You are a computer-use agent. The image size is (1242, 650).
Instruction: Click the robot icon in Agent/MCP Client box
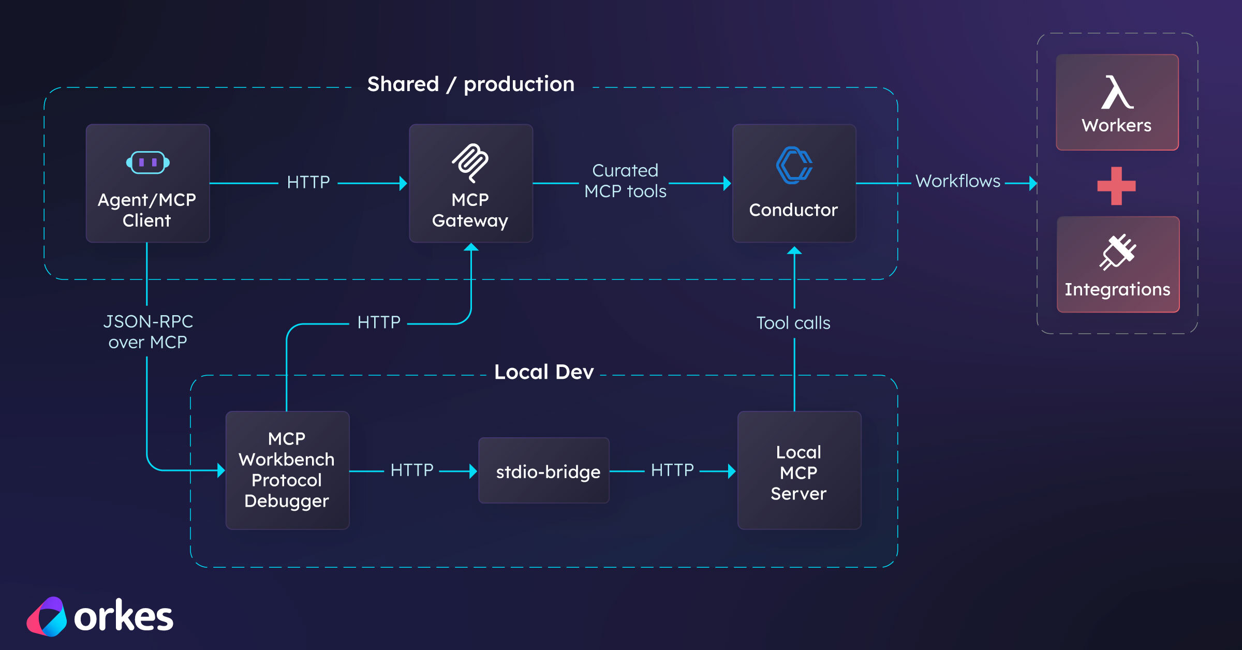147,163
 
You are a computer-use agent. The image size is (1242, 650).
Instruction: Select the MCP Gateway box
470,183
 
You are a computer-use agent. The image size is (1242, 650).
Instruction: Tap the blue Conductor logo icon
794,165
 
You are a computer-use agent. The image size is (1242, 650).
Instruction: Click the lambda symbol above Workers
1117,93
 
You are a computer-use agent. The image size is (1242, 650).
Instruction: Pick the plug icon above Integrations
1117,252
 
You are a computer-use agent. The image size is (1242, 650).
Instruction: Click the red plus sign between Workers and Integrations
1116,186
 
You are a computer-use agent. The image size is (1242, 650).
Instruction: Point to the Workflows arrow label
957,181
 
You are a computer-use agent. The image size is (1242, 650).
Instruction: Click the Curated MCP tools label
625,181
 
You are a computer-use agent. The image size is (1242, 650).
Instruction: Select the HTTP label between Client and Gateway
308,182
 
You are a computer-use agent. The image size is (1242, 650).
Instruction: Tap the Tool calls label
793,323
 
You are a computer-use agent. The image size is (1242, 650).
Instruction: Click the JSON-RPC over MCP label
147,332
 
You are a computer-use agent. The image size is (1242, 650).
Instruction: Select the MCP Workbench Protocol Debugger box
287,470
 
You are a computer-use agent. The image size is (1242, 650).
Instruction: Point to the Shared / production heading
470,84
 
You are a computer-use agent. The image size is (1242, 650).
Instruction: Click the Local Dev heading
543,372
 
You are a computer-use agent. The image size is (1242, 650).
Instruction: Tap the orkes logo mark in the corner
47,616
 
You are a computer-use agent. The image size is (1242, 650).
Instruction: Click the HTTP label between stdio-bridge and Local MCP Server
672,470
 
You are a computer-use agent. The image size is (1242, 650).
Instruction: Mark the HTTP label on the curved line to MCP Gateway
378,322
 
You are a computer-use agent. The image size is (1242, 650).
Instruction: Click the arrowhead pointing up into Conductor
794,251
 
